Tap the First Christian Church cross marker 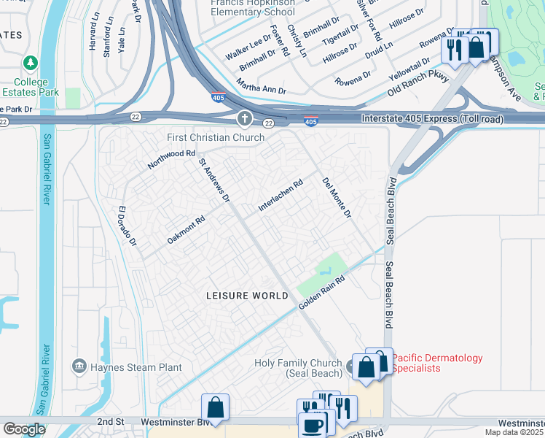[244, 118]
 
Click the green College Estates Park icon [30, 64]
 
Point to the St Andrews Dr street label [214, 179]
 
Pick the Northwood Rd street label [172, 159]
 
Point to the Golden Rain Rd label [320, 291]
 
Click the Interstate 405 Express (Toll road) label [425, 119]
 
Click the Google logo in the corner [23, 429]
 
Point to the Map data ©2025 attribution [514, 432]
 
